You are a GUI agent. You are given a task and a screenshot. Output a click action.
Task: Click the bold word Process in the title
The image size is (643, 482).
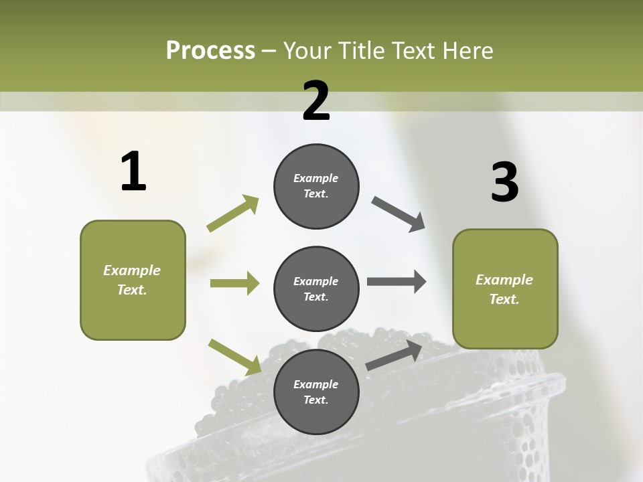pos(210,51)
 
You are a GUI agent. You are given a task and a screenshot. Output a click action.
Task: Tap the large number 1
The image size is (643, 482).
pos(133,172)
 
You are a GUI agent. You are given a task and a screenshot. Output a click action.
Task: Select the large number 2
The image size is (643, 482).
pos(316,101)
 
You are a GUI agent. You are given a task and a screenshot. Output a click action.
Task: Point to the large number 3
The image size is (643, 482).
pos(505,183)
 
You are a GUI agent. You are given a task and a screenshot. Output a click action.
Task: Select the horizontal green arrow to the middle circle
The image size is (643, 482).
pos(234,283)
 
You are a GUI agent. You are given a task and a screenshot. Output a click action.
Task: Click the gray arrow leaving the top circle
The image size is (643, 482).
pos(398,214)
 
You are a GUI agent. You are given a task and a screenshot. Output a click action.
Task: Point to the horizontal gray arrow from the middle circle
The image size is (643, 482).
pos(396,282)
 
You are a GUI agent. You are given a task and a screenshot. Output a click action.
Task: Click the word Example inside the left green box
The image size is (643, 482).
pos(132,270)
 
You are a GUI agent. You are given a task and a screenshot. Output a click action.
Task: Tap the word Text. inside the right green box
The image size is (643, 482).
pos(504,299)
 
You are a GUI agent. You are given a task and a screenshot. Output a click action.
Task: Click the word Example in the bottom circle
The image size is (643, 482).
pos(316,384)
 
